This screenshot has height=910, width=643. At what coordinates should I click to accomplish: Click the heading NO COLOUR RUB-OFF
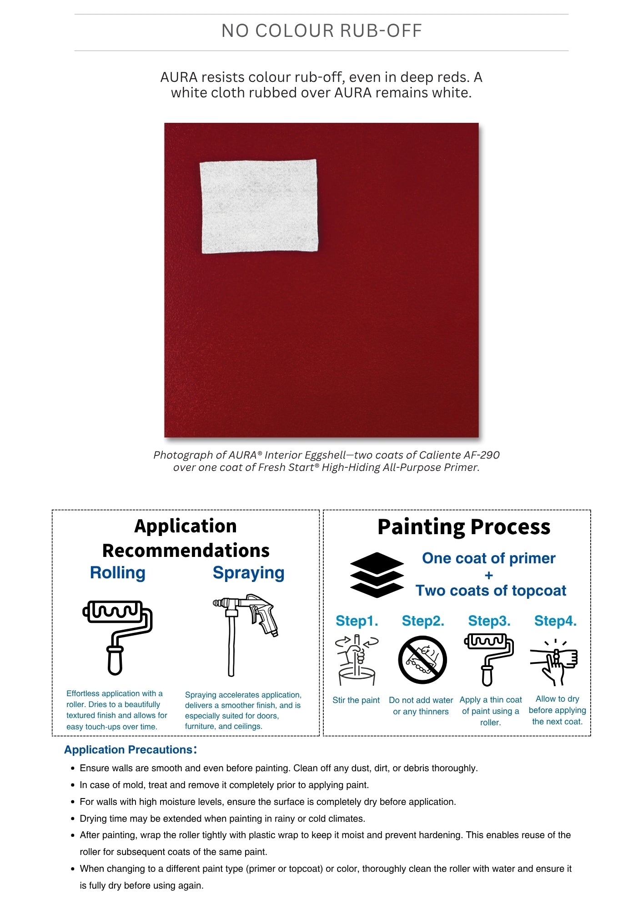[321, 31]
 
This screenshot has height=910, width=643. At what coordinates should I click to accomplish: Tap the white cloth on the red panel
[259, 206]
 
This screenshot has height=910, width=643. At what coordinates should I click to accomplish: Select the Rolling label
[117, 572]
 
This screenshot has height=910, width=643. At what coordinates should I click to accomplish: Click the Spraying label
[248, 572]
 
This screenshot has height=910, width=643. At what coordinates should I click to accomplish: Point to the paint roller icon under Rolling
[117, 637]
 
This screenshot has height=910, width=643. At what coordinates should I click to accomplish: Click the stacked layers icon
[377, 575]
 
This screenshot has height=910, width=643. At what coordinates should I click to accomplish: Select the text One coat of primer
[488, 558]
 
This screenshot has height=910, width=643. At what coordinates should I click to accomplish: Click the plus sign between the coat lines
[489, 575]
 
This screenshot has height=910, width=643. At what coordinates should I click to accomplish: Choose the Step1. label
[357, 621]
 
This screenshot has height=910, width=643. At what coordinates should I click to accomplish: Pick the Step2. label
[423, 621]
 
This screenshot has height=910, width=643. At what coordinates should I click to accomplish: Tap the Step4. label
[555, 621]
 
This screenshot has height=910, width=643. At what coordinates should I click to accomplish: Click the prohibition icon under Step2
[422, 660]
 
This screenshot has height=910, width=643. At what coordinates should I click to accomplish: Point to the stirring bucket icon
[357, 660]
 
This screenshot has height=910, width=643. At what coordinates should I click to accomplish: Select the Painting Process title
[464, 527]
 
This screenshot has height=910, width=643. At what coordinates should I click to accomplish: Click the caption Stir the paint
[356, 700]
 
